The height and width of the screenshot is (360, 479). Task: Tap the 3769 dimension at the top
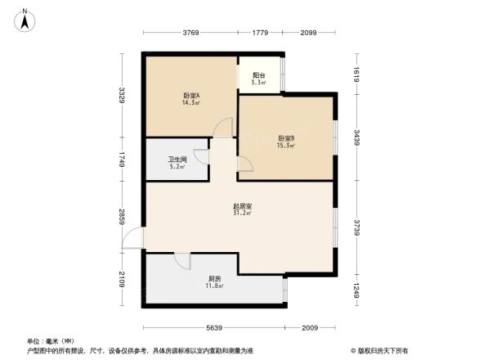tap(190, 33)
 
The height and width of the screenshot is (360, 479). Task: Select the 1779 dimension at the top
tap(260, 33)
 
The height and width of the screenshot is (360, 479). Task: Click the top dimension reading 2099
tap(308, 33)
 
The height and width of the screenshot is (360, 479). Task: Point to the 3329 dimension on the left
tap(122, 95)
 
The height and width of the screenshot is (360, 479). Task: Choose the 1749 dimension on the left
tap(122, 160)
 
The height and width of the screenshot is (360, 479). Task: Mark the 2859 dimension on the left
tap(122, 216)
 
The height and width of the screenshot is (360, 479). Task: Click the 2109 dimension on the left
tap(122, 278)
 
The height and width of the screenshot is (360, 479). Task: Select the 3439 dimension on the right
tap(356, 136)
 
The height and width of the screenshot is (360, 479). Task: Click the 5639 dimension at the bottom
tap(215, 328)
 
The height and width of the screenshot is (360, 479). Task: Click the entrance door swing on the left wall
tap(133, 238)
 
